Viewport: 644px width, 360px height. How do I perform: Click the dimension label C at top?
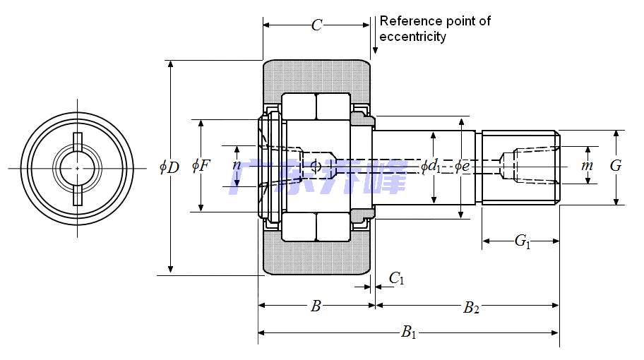[317, 25]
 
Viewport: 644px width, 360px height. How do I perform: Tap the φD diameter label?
[169, 167]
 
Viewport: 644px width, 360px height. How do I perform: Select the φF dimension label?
[201, 167]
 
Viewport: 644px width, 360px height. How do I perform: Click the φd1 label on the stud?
[431, 167]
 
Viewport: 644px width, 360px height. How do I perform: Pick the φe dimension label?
[462, 167]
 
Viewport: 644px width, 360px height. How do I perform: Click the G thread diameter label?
[616, 166]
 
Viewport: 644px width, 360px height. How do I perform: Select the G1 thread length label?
[522, 241]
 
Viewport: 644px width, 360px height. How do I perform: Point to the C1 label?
[397, 279]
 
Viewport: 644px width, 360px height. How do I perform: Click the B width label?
[316, 306]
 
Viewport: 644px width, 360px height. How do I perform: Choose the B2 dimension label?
[471, 307]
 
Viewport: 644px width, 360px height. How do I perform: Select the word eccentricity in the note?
[412, 37]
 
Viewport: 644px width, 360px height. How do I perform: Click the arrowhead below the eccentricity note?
[375, 50]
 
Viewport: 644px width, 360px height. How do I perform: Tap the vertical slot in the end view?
[77, 168]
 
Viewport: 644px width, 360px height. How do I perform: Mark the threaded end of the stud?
[520, 167]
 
